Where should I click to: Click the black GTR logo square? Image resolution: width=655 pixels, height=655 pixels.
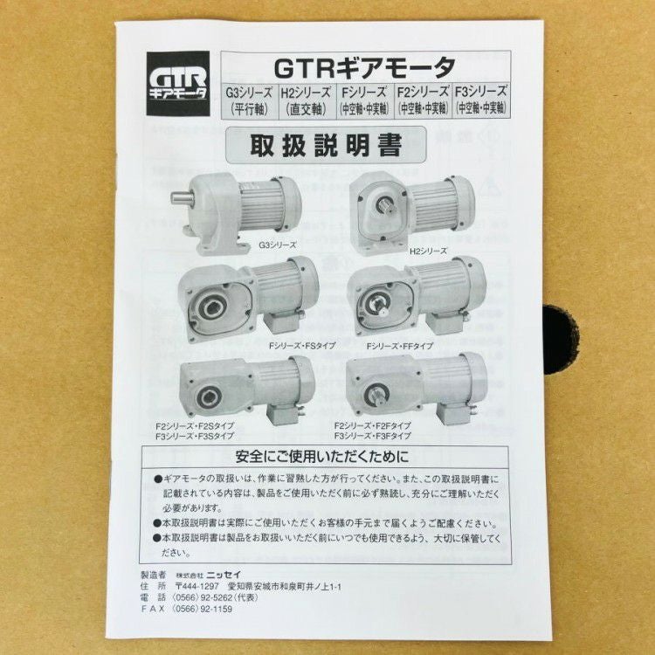(x=178, y=84)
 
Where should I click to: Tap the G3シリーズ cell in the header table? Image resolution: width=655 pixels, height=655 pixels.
(x=250, y=100)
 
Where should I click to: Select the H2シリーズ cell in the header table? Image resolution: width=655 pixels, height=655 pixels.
(x=307, y=100)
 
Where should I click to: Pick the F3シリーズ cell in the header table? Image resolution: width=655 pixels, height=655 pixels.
(x=481, y=100)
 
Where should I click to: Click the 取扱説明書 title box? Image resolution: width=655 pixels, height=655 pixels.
(x=326, y=144)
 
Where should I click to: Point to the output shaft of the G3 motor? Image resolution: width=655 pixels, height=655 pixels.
(x=182, y=196)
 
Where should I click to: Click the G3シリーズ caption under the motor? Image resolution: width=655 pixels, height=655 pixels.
(x=277, y=245)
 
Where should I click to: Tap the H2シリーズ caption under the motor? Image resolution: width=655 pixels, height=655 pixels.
(x=428, y=251)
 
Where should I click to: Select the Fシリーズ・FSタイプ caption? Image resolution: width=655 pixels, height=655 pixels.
(x=302, y=346)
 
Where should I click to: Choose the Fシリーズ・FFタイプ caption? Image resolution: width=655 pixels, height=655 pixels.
(x=400, y=346)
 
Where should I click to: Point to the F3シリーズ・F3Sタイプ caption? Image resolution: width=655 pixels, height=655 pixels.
(x=195, y=436)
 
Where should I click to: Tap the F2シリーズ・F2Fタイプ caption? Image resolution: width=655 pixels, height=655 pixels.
(x=373, y=425)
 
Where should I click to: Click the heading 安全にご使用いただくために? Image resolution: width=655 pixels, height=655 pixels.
(x=322, y=457)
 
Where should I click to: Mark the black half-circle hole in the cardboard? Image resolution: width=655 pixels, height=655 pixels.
(x=560, y=340)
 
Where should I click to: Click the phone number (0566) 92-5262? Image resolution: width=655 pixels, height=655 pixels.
(x=203, y=597)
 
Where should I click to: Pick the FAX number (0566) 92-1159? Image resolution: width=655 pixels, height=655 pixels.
(x=203, y=609)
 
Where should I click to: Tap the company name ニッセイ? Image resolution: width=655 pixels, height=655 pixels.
(x=224, y=576)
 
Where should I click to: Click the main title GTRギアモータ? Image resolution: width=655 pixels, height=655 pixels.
(x=365, y=67)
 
